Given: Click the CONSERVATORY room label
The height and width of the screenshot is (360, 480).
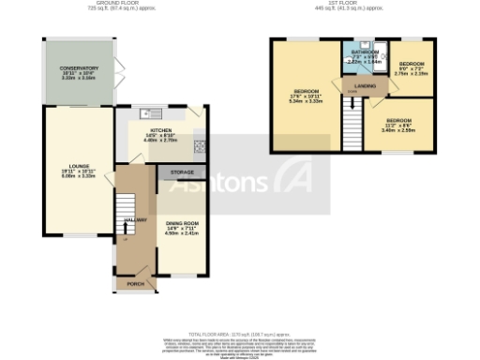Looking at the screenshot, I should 79,68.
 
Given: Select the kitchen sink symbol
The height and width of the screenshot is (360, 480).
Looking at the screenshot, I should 146,114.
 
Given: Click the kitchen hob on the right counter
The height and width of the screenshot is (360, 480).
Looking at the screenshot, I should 199,145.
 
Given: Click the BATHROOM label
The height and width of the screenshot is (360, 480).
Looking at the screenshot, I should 365,52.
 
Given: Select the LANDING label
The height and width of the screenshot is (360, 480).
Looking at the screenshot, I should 366,85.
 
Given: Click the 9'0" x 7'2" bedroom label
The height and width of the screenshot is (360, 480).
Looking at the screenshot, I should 412,66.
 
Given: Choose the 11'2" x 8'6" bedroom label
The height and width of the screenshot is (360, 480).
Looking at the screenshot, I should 398,122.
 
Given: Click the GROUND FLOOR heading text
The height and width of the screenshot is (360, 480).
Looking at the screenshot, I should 105,4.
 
